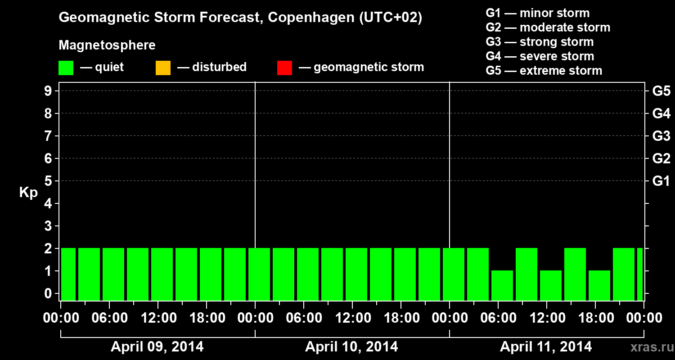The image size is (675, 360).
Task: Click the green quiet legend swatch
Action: (x=66, y=67)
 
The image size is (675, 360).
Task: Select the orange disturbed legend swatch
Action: (x=163, y=67)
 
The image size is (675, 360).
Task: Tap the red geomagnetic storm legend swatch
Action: (x=284, y=67)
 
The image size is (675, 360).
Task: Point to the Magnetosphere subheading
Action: (x=107, y=45)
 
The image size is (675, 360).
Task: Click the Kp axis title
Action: (x=28, y=193)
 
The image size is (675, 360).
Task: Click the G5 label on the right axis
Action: (x=661, y=91)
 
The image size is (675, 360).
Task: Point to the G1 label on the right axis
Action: (x=661, y=181)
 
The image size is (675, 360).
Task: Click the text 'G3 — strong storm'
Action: (x=540, y=42)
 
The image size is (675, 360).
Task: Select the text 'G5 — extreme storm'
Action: (x=544, y=71)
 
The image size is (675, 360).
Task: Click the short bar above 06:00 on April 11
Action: (x=502, y=285)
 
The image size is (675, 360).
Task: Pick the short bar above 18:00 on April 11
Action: (x=599, y=285)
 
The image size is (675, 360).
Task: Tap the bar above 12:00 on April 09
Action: (x=162, y=274)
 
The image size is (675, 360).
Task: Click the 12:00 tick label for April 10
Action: (x=352, y=318)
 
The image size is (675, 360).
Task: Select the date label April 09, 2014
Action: (x=157, y=346)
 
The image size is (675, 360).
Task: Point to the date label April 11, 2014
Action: (x=546, y=346)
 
